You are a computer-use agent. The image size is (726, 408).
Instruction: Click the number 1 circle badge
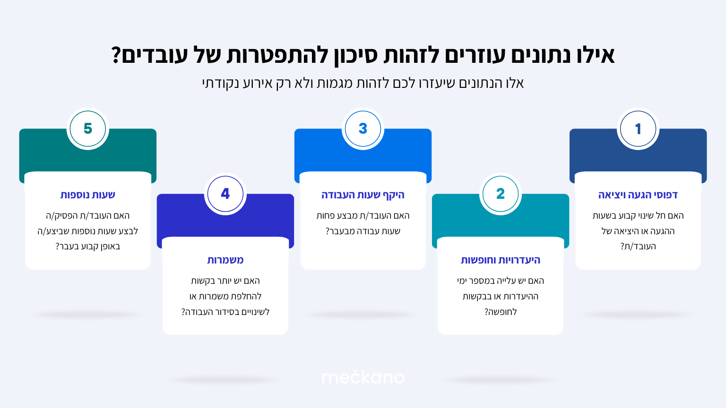(x=638, y=128)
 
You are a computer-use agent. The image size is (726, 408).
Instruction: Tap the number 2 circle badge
(x=501, y=194)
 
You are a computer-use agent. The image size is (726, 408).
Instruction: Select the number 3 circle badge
(x=363, y=128)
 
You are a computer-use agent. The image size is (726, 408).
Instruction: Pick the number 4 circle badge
(x=225, y=194)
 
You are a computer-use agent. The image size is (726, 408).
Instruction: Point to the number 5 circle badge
(x=88, y=128)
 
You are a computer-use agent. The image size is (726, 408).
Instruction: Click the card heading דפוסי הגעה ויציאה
(x=638, y=195)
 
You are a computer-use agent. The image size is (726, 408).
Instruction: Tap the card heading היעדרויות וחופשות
(x=501, y=260)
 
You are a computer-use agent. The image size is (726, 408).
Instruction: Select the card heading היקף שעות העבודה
(x=363, y=195)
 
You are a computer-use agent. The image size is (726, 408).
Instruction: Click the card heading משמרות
(x=225, y=260)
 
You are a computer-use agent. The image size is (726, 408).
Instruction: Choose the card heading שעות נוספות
(x=88, y=195)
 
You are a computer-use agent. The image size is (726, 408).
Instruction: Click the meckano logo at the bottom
(x=363, y=377)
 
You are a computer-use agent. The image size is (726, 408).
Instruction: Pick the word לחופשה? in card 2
(x=501, y=312)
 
